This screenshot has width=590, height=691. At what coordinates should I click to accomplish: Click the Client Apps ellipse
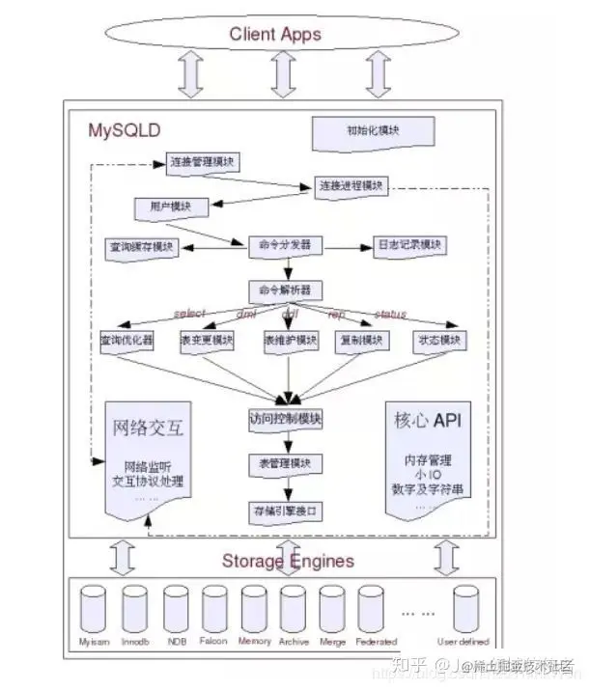275,36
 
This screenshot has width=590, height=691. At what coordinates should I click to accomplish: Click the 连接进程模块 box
350,185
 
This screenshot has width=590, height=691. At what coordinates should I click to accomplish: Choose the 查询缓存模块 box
141,247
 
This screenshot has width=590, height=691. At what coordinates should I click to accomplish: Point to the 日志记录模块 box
409,246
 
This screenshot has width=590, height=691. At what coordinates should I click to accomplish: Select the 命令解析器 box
285,290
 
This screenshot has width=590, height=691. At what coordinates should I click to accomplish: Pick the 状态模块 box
438,341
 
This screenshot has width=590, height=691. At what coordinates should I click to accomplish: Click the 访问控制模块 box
285,420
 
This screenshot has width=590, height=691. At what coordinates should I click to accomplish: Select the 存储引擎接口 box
285,509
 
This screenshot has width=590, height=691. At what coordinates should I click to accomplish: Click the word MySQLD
125,128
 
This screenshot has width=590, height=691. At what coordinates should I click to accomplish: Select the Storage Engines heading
288,561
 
